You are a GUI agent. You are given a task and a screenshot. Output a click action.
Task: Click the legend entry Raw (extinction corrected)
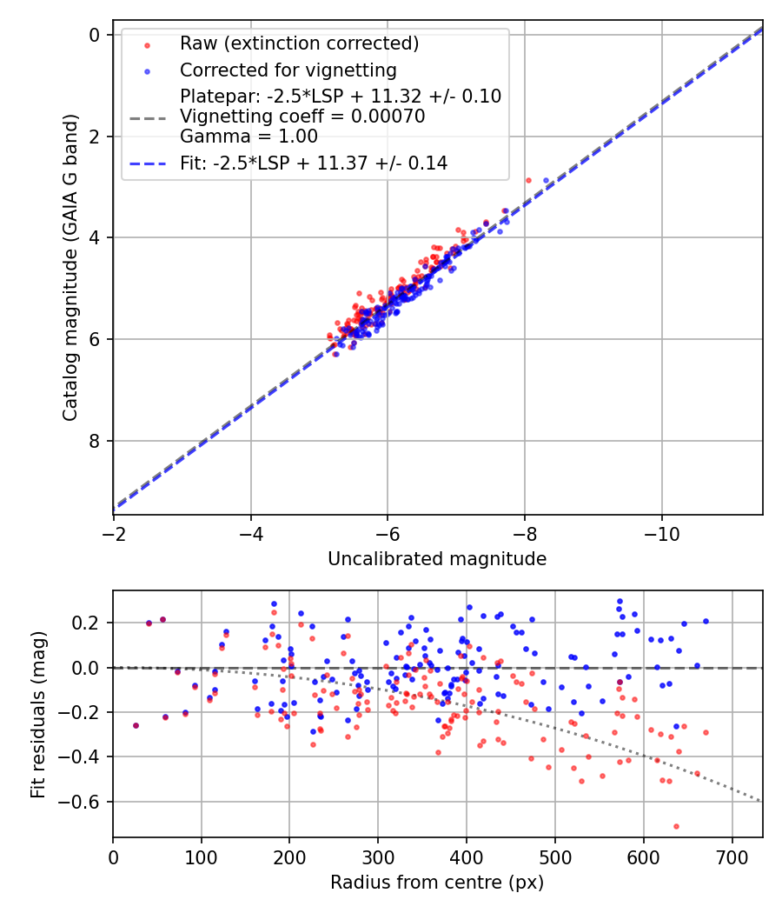300,43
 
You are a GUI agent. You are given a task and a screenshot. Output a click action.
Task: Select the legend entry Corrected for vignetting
288,70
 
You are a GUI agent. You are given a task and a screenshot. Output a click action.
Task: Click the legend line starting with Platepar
340,96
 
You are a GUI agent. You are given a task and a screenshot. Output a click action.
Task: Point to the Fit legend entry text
314,163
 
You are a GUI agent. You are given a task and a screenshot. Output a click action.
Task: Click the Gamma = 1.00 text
249,136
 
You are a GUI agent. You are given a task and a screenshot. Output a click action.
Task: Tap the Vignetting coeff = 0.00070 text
302,116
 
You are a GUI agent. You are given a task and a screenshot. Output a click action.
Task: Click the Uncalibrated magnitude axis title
437,559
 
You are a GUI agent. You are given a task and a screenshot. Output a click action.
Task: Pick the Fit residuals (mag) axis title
37,714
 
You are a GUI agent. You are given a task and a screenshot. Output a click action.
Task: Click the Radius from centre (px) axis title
437,883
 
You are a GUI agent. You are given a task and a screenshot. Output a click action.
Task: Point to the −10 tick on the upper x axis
661,531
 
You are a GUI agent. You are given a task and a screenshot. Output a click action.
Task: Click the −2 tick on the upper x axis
115,531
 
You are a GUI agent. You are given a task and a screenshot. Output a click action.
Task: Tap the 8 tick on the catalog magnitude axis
95,441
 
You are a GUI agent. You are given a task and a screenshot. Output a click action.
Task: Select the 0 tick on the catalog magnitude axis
95,34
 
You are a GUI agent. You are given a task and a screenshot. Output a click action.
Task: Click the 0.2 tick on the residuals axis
89,623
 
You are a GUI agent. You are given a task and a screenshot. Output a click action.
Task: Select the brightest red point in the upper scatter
528,180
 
